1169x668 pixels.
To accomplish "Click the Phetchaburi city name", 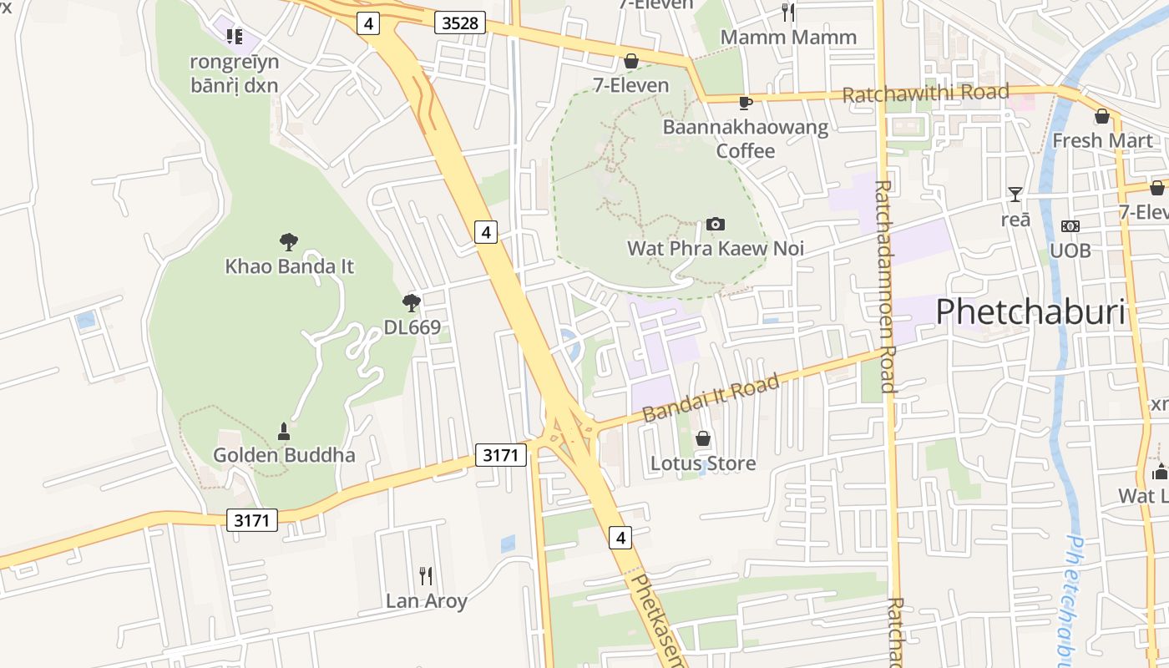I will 1030,311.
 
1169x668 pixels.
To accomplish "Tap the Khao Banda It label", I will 290,266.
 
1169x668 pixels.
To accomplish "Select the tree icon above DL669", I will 411,302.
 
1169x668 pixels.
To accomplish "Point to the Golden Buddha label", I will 284,455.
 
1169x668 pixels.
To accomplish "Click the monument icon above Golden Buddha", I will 284,432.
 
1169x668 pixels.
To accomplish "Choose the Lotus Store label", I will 703,463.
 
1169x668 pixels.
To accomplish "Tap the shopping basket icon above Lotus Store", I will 703,438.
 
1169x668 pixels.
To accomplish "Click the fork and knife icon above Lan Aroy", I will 426,575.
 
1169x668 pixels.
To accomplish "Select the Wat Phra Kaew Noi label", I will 716,248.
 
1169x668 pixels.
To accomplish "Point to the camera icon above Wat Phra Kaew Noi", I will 716,224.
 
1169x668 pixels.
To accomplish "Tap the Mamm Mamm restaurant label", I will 788,38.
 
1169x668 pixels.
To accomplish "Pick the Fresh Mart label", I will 1102,140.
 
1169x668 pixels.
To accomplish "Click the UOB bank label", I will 1070,250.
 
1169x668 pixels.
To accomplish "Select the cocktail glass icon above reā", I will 1015,195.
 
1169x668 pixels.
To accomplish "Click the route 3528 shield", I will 460,23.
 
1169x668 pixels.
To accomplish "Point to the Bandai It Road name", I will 711,398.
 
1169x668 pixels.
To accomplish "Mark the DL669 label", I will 412,327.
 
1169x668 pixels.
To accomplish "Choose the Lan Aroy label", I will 426,600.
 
